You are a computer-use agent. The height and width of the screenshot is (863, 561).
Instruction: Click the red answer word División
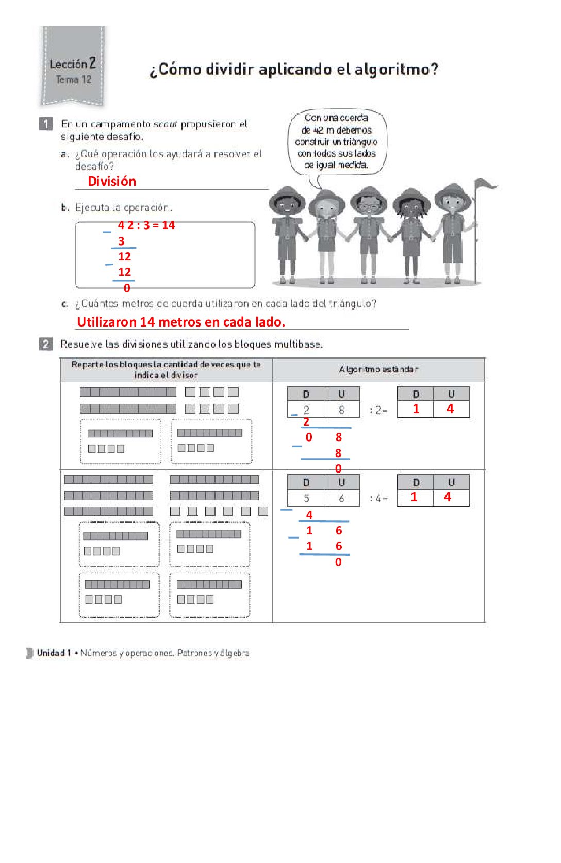[112, 181]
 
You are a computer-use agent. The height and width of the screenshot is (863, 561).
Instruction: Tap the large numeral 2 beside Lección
[92, 63]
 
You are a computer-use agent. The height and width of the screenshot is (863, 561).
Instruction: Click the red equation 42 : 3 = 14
[146, 225]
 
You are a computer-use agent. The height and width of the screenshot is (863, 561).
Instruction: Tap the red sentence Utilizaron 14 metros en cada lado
[180, 322]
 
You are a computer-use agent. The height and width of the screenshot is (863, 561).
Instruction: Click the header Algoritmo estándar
[378, 369]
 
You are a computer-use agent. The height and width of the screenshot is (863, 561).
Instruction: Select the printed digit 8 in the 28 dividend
[341, 410]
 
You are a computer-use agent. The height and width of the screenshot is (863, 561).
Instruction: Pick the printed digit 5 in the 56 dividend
[306, 498]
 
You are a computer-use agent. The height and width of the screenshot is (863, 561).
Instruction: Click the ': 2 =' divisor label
[378, 410]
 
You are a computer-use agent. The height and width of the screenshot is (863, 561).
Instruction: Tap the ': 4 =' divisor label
[378, 499]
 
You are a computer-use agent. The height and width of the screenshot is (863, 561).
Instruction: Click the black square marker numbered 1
[46, 124]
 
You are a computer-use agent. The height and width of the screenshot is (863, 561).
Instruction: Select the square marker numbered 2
[46, 344]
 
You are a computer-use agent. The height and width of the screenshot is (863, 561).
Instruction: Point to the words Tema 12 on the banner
[74, 79]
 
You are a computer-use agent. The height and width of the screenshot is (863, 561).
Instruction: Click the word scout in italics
[165, 124]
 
